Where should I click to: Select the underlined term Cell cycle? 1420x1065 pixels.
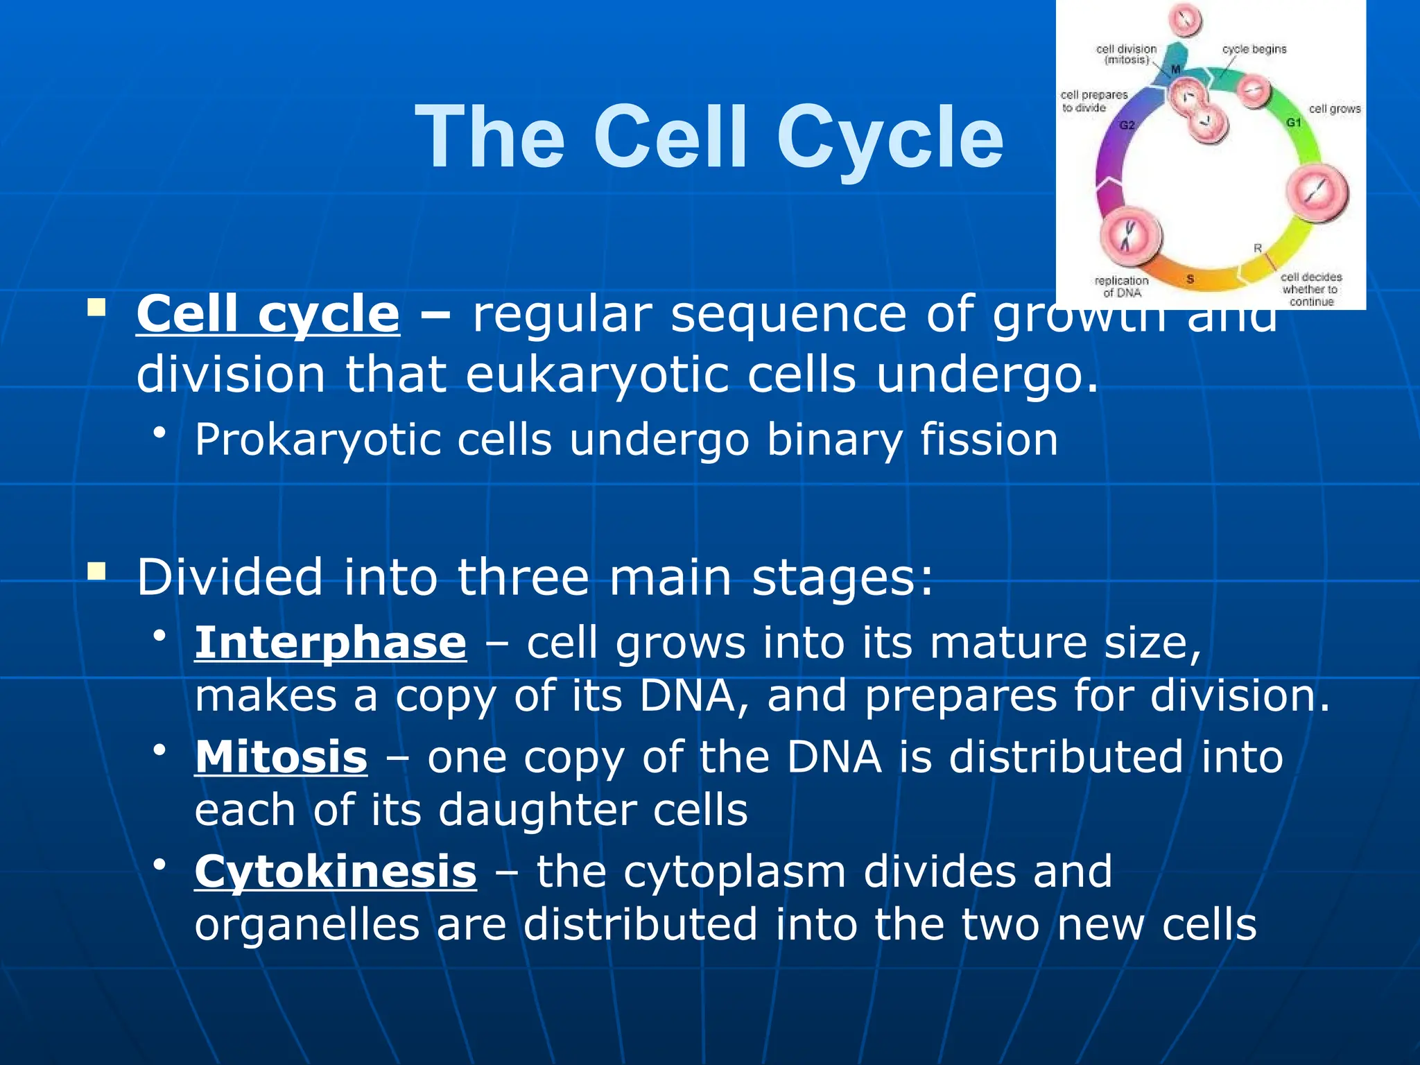click(268, 314)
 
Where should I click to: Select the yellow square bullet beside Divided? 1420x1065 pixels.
click(96, 572)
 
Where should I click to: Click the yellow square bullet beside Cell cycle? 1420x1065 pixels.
click(96, 307)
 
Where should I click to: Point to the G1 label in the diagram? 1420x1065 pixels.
click(1294, 123)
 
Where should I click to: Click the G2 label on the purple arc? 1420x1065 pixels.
click(1127, 125)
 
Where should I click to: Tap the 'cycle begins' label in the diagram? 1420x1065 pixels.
click(1254, 49)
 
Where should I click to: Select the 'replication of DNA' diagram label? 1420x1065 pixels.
click(1121, 286)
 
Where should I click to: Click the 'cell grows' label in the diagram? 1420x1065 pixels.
click(1335, 109)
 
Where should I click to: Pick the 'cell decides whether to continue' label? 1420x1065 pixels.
click(1310, 289)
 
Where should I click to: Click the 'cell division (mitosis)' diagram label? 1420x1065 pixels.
click(1126, 54)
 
